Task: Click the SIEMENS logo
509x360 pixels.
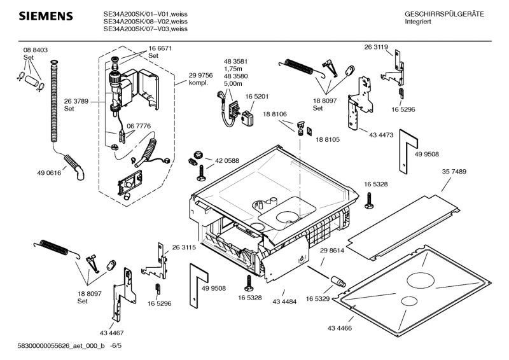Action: (39, 15)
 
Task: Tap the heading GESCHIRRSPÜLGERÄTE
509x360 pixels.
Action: (444, 14)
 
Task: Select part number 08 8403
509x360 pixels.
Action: (36, 50)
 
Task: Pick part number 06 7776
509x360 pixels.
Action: (139, 126)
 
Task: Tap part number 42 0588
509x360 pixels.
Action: (227, 161)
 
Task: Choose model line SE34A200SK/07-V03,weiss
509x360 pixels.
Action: (145, 29)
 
